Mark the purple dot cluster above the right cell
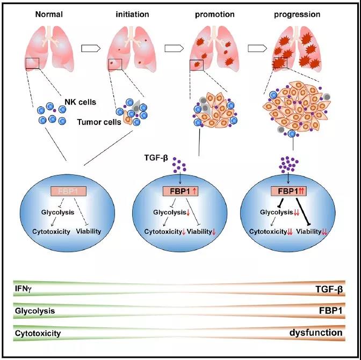click(x=291, y=161)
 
